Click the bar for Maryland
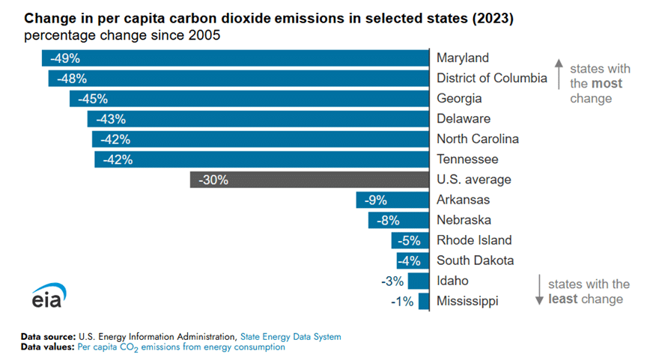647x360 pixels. tap(235, 58)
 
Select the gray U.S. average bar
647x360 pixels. tap(309, 180)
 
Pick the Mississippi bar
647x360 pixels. tap(424, 301)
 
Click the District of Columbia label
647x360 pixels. tap(492, 79)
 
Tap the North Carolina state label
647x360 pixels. tap(478, 139)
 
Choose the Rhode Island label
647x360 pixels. tap(474, 240)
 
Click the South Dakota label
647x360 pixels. tap(476, 260)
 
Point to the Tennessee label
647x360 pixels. tap(467, 159)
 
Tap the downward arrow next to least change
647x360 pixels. tap(537, 290)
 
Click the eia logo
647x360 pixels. tap(46, 294)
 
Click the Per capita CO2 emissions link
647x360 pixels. tap(180, 347)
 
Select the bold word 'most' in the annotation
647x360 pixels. tap(607, 84)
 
